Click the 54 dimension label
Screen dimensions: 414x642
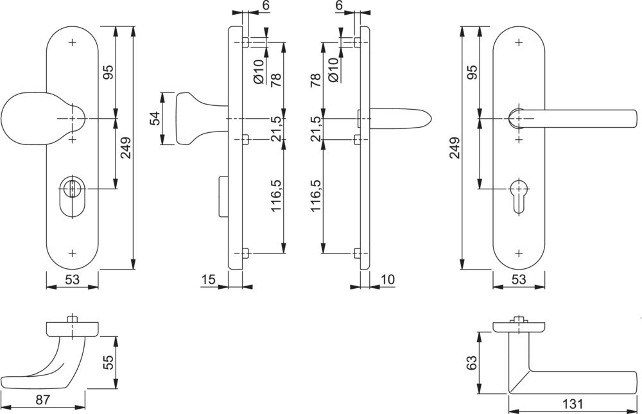pos(155,119)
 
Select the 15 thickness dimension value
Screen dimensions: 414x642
pos(207,279)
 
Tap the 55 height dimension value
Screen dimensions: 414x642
pos(108,362)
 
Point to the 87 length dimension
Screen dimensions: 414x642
pos(43,400)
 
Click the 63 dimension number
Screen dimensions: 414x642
pos(472,362)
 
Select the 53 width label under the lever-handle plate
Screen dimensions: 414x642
pos(519,279)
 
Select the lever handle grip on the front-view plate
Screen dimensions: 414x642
pos(578,119)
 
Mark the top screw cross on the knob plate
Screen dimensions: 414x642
pos(72,43)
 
